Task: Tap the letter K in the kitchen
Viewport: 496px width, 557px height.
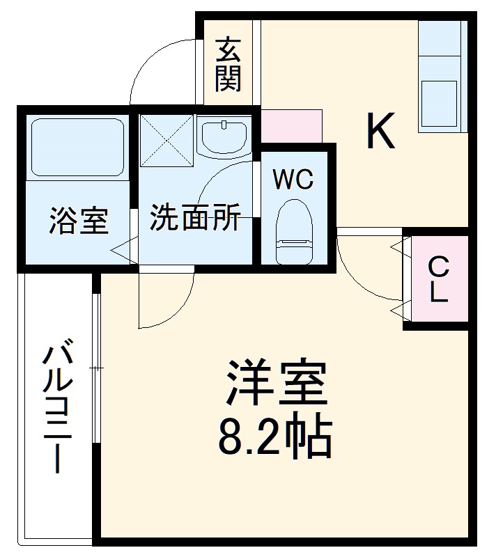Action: click(381, 132)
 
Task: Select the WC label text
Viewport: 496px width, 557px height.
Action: click(293, 179)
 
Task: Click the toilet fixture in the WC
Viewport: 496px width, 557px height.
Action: click(292, 233)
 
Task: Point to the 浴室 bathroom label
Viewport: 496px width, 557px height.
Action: click(78, 221)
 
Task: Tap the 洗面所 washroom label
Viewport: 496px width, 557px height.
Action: click(195, 219)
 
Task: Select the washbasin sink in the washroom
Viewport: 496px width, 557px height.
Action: click(224, 136)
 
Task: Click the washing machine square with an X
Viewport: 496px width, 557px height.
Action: click(166, 139)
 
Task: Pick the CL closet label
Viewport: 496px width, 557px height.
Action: click(437, 278)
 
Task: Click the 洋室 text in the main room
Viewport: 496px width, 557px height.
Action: click(276, 383)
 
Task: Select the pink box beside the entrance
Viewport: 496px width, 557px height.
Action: click(291, 126)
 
